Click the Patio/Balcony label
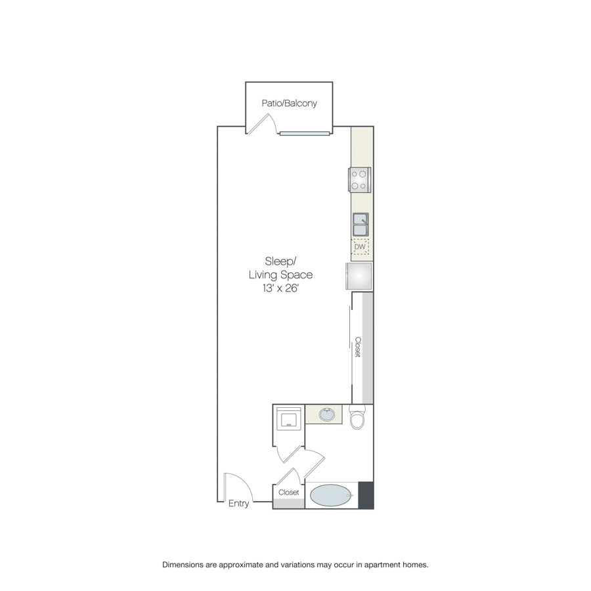pyautogui.click(x=289, y=103)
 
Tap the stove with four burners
pyautogui.click(x=360, y=180)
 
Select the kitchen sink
pyautogui.click(x=361, y=225)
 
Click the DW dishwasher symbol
pyautogui.click(x=360, y=246)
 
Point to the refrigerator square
pyautogui.click(x=359, y=276)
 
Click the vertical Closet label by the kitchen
pyautogui.click(x=358, y=347)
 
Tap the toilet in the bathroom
pyautogui.click(x=357, y=417)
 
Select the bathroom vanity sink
pyautogui.click(x=326, y=414)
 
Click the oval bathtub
pyautogui.click(x=331, y=495)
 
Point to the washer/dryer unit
pyautogui.click(x=289, y=418)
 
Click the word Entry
pyautogui.click(x=238, y=504)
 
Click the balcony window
pyautogui.click(x=305, y=133)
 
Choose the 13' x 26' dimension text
pyautogui.click(x=280, y=288)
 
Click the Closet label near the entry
pyautogui.click(x=289, y=492)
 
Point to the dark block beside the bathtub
pyautogui.click(x=366, y=495)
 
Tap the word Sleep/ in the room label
pyautogui.click(x=280, y=261)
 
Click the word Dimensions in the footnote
pyautogui.click(x=183, y=565)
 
